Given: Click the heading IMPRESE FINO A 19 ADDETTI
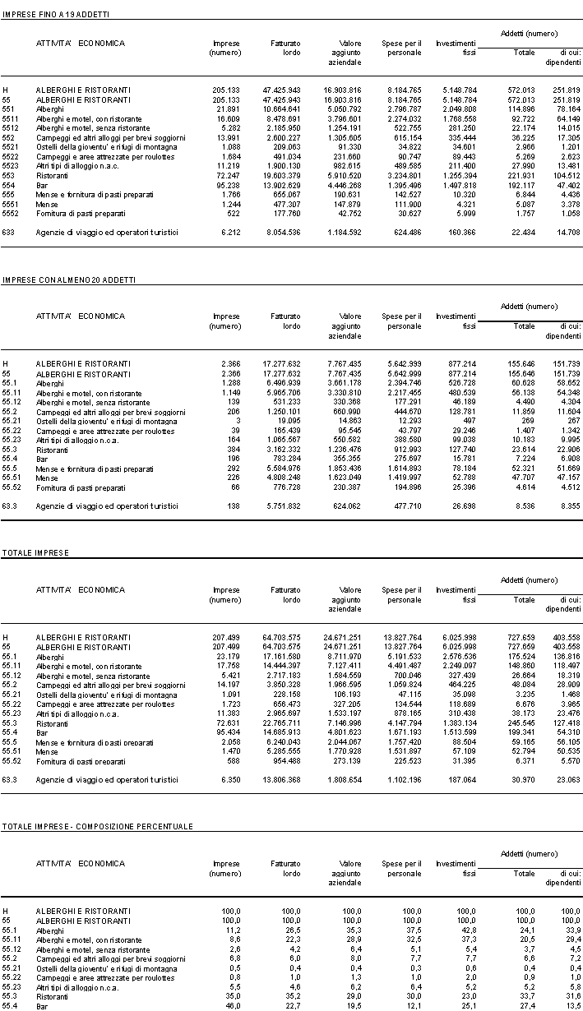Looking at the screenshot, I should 56,15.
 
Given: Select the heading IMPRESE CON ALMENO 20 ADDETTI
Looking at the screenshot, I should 69,280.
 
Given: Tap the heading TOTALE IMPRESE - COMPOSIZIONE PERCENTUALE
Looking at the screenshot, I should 97,825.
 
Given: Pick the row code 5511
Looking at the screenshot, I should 10,118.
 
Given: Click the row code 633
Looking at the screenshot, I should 8,233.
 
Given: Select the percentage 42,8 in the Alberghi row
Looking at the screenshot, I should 467,930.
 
